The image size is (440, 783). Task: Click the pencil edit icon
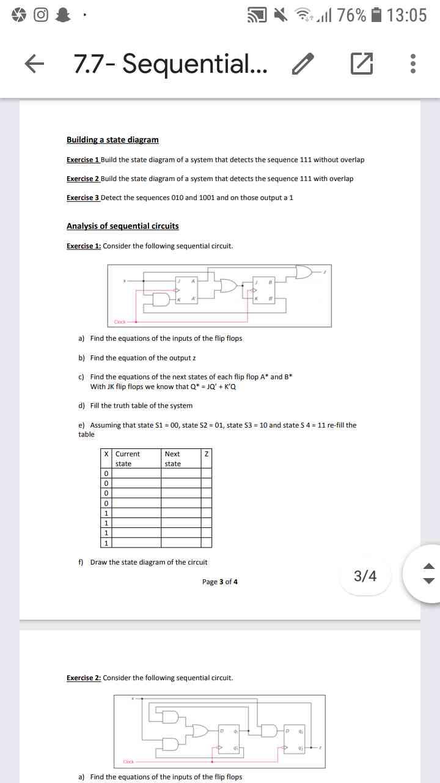302,64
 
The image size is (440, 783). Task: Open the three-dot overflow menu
414,64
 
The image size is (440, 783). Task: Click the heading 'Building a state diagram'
112,140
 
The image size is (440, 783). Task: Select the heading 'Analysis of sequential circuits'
122,226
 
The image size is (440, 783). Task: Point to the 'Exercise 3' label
82,198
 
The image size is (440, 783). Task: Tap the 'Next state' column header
172,459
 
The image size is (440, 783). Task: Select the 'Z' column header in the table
207,455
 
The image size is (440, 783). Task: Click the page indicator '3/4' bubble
365,576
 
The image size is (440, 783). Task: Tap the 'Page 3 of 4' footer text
220,582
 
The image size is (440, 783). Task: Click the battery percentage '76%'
351,15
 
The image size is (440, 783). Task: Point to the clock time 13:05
407,15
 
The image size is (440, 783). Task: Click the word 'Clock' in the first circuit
120,322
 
